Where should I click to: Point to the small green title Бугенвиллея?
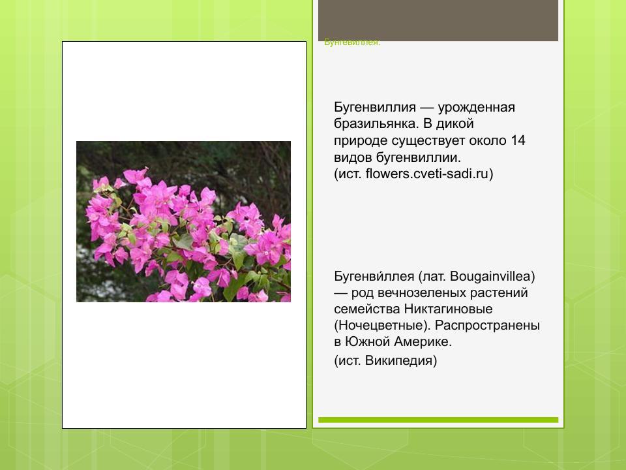pyautogui.click(x=352, y=42)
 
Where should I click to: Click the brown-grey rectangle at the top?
pyautogui.click(x=438, y=20)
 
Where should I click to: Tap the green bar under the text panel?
pyautogui.click(x=438, y=420)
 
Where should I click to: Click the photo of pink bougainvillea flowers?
pyautogui.click(x=183, y=221)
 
